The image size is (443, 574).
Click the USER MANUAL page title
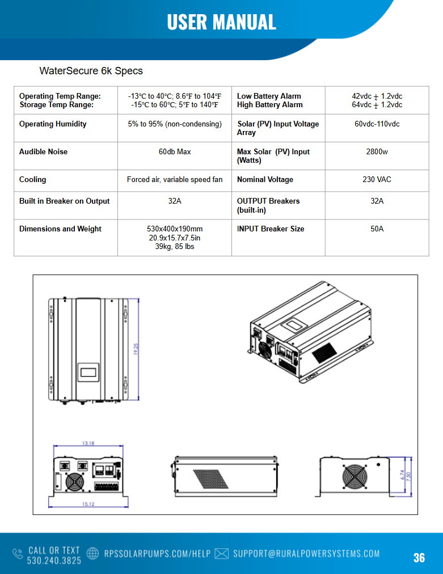point(221,22)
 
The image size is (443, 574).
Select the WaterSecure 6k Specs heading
point(91,71)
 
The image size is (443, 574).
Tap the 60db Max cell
point(175,152)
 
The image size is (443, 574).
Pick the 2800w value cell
point(377,152)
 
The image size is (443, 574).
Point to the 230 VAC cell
point(377,180)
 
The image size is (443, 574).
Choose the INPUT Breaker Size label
point(271,229)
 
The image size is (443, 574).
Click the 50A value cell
point(377,229)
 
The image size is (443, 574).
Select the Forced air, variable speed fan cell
point(175,180)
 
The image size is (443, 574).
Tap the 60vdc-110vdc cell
point(377,124)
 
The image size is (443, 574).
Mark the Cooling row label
point(33,180)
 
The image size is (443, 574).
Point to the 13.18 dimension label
point(87,444)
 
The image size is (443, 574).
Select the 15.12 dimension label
point(87,504)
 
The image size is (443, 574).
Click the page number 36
point(419,558)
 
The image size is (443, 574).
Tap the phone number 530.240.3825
point(54,560)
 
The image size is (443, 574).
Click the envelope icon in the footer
point(222,554)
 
